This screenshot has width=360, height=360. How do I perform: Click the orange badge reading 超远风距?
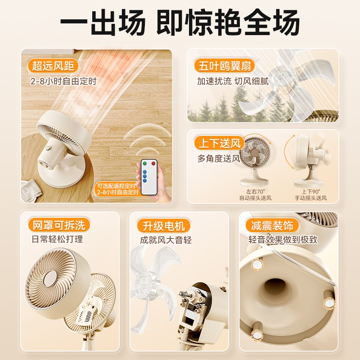pos(54,66)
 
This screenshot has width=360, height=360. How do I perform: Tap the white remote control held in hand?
pos(149,176)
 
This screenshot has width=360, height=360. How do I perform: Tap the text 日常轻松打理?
pos(55,239)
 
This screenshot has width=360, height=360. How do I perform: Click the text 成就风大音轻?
pos(166,240)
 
